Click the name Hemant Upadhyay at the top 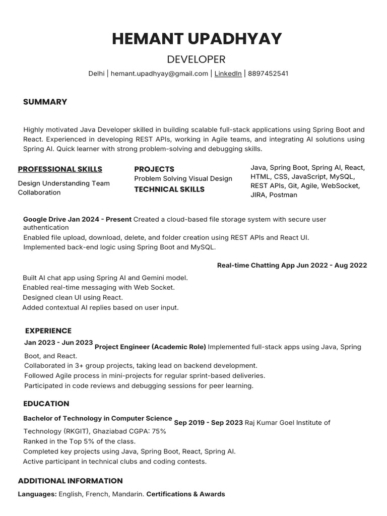click(197, 39)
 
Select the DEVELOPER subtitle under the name click(196, 59)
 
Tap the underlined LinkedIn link click(228, 74)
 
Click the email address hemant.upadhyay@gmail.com click(159, 74)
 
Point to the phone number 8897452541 click(268, 74)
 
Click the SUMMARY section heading click(45, 102)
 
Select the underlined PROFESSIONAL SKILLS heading click(60, 169)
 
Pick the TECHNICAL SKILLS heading click(169, 189)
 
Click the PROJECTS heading click(154, 169)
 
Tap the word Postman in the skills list click(283, 195)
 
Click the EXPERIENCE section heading click(48, 331)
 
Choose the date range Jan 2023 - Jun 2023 click(58, 343)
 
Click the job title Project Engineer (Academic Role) click(150, 347)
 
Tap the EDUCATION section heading click(46, 404)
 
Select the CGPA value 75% click(159, 431)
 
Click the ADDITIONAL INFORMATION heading click(71, 481)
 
